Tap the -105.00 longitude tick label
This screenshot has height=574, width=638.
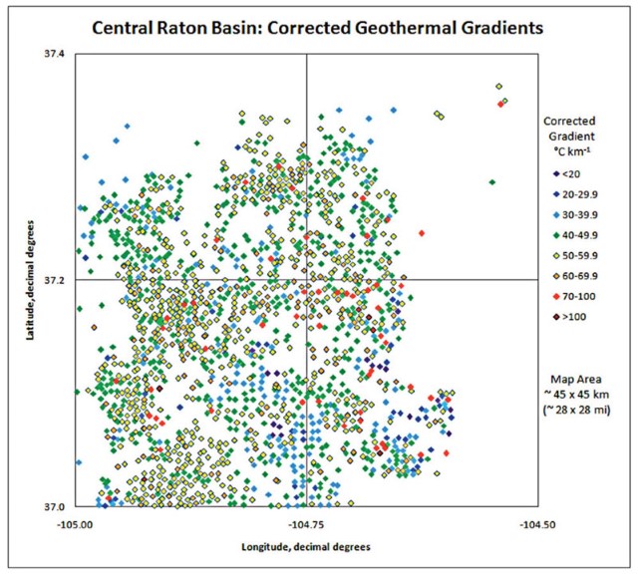click(x=76, y=522)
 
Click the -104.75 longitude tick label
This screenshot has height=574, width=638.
click(x=306, y=522)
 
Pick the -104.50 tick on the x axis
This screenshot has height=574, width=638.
click(x=536, y=522)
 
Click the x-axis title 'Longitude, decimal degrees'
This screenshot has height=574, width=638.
click(x=306, y=547)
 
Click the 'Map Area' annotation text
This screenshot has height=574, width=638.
click(x=587, y=380)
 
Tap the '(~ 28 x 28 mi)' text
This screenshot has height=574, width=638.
click(x=587, y=410)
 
